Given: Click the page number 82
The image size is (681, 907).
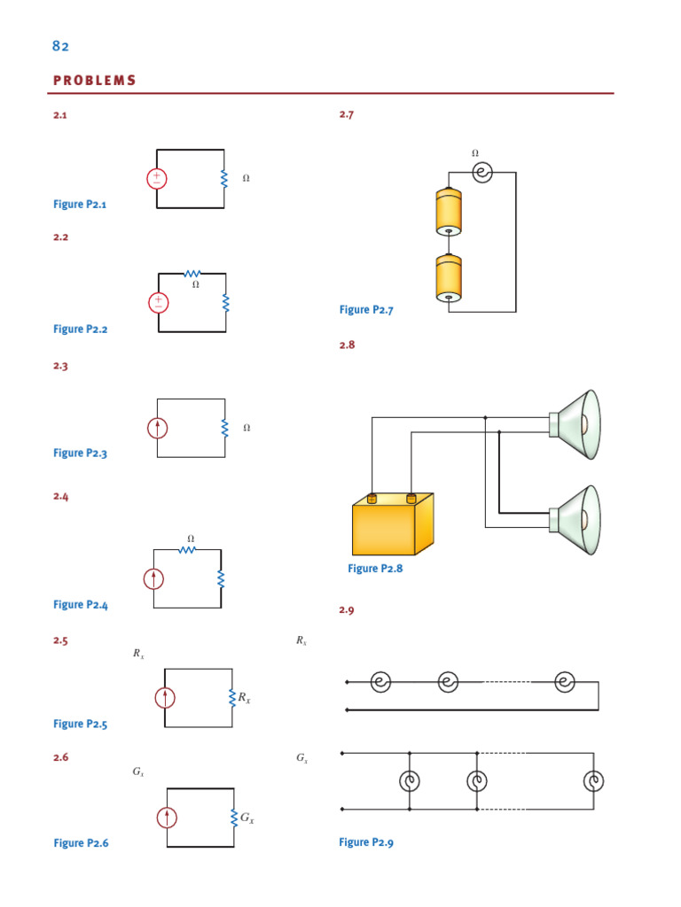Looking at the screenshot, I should click(x=61, y=46).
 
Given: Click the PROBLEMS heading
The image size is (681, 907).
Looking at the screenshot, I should click(x=95, y=81).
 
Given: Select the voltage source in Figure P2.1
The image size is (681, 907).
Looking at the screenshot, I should click(x=157, y=178).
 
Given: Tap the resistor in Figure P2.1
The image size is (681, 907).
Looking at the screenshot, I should click(x=224, y=179).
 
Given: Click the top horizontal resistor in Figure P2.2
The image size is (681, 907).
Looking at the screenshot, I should click(x=192, y=274).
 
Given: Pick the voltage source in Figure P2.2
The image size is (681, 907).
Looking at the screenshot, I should click(x=159, y=303).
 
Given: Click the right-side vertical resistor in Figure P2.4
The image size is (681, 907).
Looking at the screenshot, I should click(x=221, y=579).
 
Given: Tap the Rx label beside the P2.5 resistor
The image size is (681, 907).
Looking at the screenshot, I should click(x=243, y=698).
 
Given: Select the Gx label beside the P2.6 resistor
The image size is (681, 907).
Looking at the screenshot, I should click(x=247, y=818).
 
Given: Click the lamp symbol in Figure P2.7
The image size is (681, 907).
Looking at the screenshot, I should click(x=481, y=173).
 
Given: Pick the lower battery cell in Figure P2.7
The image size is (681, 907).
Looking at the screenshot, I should click(x=450, y=278).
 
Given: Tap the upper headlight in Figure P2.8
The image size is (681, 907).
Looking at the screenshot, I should click(x=576, y=425).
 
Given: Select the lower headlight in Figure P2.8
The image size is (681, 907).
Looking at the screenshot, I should click(x=576, y=521).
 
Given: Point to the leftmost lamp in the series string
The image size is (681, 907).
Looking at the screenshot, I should click(x=380, y=682).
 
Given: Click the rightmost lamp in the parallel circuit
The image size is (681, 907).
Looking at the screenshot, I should click(x=593, y=781).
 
